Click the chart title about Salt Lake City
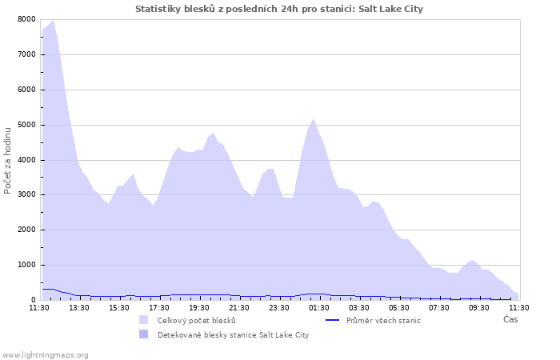[x=279, y=9]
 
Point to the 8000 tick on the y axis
[x=26, y=19]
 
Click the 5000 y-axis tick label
[x=26, y=125]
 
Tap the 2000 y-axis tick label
[x=26, y=230]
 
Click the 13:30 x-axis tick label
[x=79, y=307]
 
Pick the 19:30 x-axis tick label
[x=199, y=307]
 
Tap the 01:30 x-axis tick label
[x=319, y=307]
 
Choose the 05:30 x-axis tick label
[x=399, y=307]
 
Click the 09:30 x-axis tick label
[x=479, y=307]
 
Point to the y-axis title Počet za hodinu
[x=8, y=159]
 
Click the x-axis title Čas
[x=510, y=319]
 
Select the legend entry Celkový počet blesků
[x=196, y=320]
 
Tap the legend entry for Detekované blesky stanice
[x=233, y=334]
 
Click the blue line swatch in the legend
[x=333, y=320]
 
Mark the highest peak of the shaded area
[x=53, y=21]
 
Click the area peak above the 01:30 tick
[x=314, y=119]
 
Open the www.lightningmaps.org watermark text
[x=45, y=354]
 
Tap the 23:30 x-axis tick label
[x=279, y=307]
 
